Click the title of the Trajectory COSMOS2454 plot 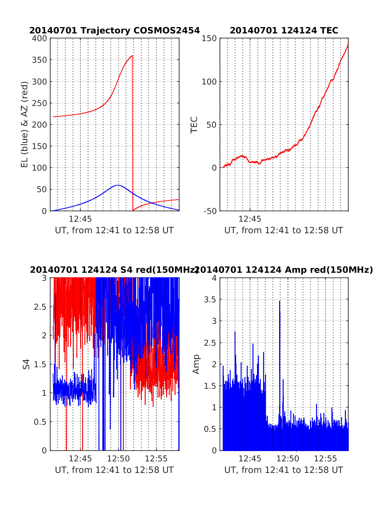(x=115, y=31)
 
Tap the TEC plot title (x=284, y=31)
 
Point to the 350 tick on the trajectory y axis (x=39, y=60)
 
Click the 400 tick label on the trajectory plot (x=39, y=39)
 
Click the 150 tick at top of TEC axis (x=209, y=39)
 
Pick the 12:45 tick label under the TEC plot (x=250, y=219)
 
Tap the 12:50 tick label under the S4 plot (x=118, y=458)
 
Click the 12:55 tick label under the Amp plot (x=325, y=458)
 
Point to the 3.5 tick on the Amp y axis (x=210, y=299)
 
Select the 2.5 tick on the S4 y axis (x=40, y=306)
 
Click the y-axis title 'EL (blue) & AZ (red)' (x=25, y=124)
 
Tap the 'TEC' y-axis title (x=194, y=125)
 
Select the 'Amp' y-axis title (x=196, y=364)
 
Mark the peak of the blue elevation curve (x=118, y=185)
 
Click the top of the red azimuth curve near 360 (x=132, y=56)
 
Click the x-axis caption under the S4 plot (x=114, y=470)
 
